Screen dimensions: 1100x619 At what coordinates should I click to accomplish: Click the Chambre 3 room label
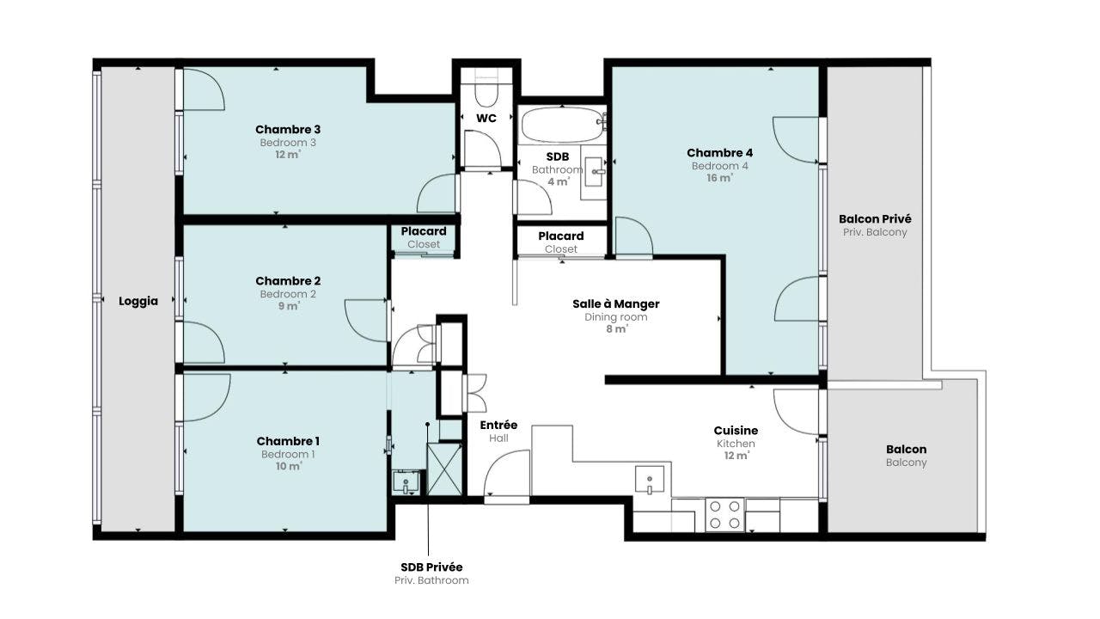pyautogui.click(x=288, y=129)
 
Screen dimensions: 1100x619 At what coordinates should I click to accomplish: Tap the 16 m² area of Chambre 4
pyautogui.click(x=719, y=178)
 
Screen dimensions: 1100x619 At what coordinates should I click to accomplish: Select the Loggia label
pyautogui.click(x=138, y=301)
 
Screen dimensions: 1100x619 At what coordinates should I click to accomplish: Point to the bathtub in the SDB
pyautogui.click(x=563, y=125)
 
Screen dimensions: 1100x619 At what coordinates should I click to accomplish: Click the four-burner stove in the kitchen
pyautogui.click(x=724, y=514)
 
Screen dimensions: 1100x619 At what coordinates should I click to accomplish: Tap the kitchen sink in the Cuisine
pyautogui.click(x=649, y=479)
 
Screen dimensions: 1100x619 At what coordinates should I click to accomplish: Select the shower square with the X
pyautogui.click(x=444, y=469)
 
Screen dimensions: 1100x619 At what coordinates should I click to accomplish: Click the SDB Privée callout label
pyautogui.click(x=431, y=567)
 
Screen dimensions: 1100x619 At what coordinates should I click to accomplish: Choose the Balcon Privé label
pyautogui.click(x=875, y=218)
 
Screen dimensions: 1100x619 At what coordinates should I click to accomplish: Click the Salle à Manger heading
pyautogui.click(x=616, y=303)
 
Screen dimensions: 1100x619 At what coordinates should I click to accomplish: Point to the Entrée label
pyautogui.click(x=498, y=425)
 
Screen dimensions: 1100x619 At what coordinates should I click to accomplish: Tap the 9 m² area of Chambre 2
pyautogui.click(x=288, y=306)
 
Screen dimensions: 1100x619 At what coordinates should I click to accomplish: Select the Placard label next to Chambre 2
pyautogui.click(x=424, y=231)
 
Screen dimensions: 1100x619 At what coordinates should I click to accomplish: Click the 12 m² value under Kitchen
pyautogui.click(x=736, y=456)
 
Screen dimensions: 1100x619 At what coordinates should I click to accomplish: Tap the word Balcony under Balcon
pyautogui.click(x=907, y=463)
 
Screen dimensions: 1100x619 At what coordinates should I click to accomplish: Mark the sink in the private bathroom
pyautogui.click(x=406, y=482)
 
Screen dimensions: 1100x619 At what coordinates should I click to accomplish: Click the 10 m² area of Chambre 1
pyautogui.click(x=288, y=466)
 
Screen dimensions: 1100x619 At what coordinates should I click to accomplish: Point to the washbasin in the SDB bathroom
pyautogui.click(x=594, y=172)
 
